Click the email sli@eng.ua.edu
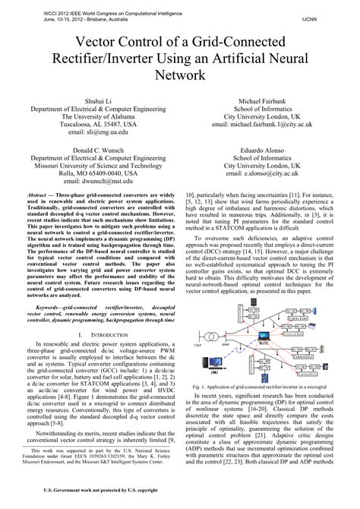(x=93, y=131)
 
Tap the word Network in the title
(x=179, y=74)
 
